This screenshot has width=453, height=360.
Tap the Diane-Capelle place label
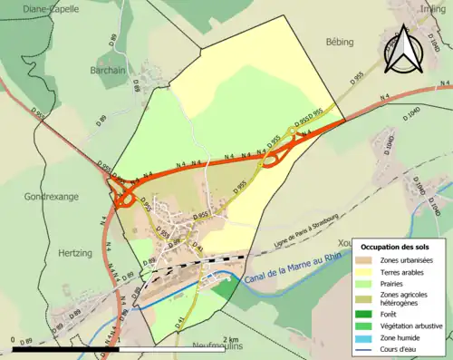click(x=30, y=8)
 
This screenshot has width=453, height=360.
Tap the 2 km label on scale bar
click(x=231, y=340)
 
